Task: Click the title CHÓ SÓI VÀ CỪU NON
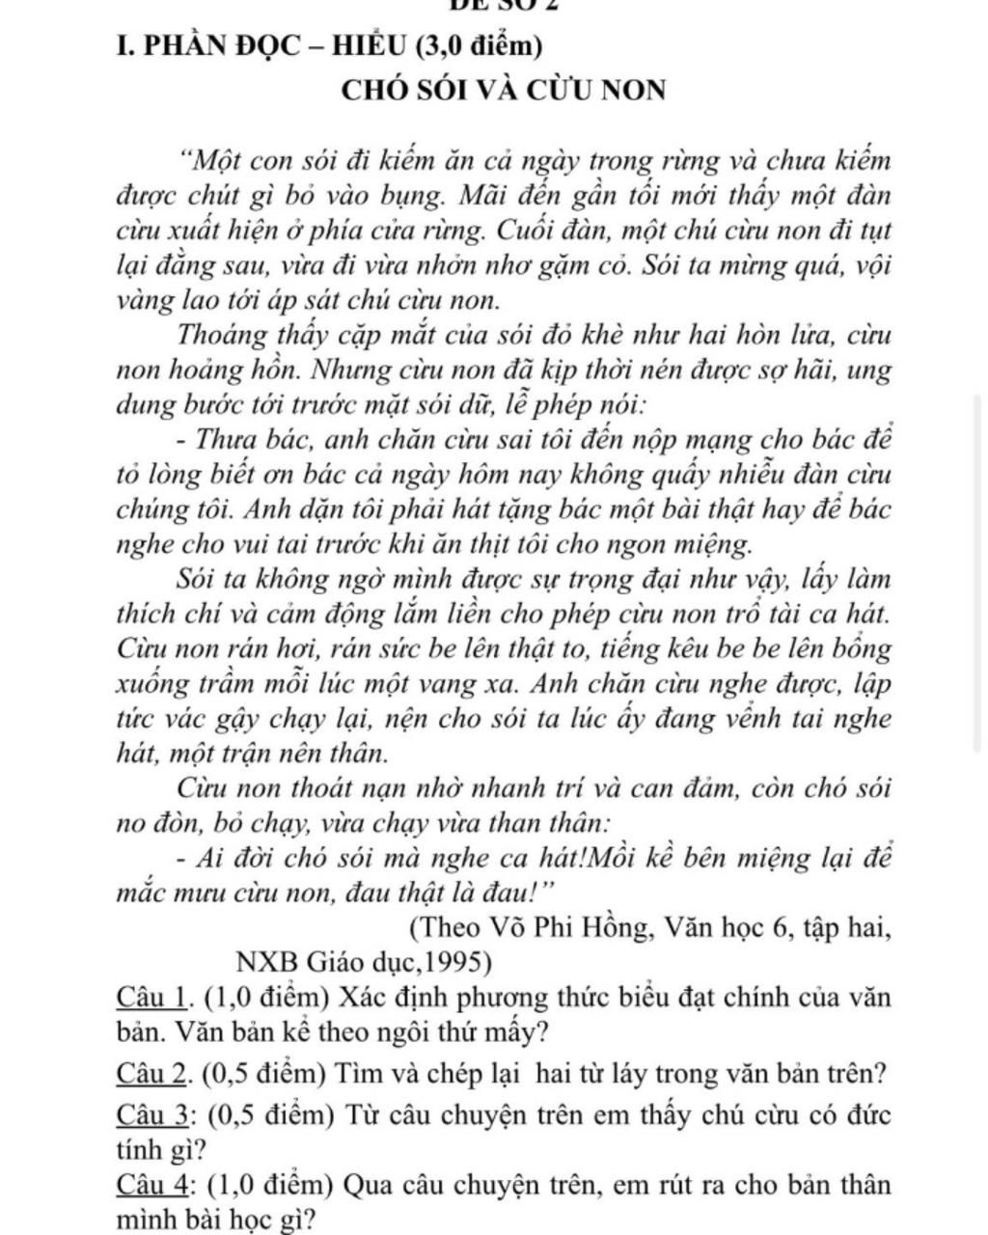[504, 91]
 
